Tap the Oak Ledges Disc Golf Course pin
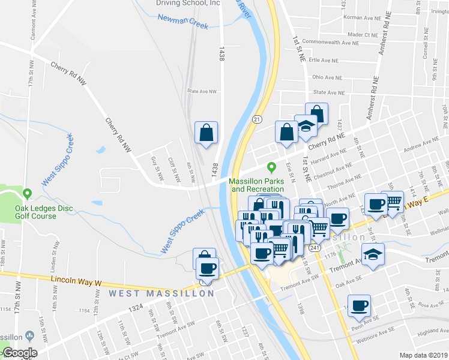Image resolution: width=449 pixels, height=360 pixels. click(27, 194)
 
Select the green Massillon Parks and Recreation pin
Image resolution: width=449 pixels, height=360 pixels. click(271, 167)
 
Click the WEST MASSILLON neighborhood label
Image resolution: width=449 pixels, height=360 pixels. click(161, 293)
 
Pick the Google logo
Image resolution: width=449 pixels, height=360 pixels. click(19, 353)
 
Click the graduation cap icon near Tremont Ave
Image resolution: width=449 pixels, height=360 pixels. click(373, 254)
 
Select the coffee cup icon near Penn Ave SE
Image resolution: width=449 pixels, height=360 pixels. click(360, 305)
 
